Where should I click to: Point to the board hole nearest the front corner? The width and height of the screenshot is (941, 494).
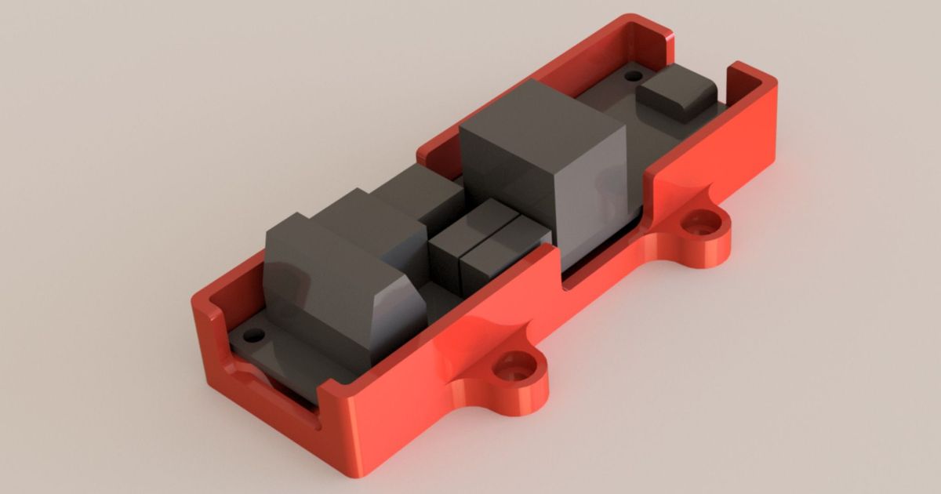(x=253, y=336)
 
